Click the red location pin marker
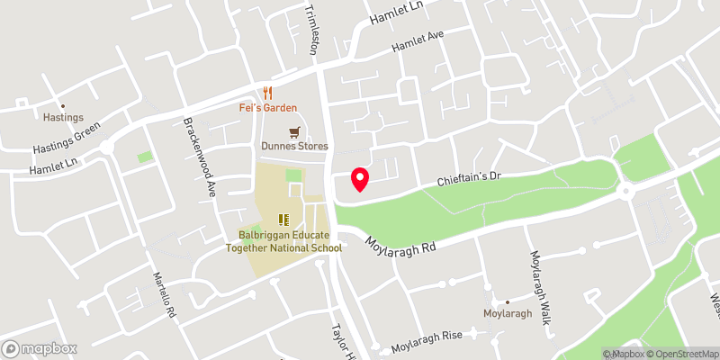(360, 178)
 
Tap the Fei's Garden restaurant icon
(267, 93)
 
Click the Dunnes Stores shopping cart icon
(293, 131)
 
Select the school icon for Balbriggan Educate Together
(284, 219)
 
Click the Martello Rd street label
(163, 292)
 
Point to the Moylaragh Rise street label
(427, 336)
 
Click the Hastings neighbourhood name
(63, 118)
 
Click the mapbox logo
(40, 348)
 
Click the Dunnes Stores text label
(294, 146)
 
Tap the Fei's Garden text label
(268, 108)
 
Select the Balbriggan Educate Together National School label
(283, 242)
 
